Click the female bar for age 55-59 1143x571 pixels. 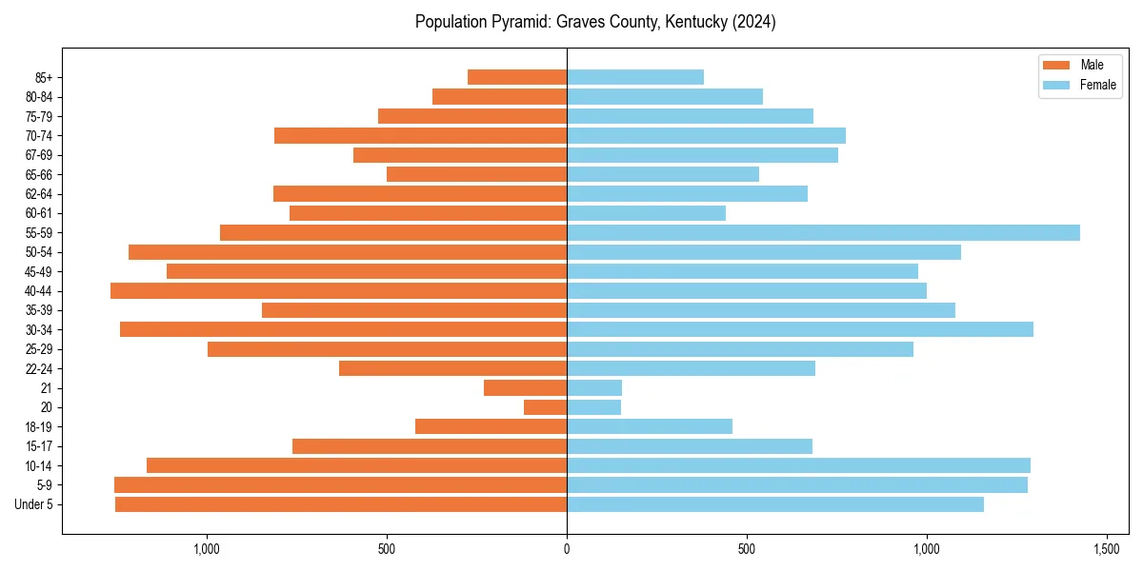coord(823,232)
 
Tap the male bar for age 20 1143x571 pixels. coord(545,407)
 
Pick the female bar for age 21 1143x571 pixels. coord(594,387)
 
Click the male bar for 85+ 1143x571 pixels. coord(517,77)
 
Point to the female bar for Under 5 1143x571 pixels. coord(775,504)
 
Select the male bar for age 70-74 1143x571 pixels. coord(420,135)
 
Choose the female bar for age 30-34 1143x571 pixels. coord(800,329)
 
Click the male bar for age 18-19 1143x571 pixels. coord(491,426)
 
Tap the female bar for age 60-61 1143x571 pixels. coord(646,213)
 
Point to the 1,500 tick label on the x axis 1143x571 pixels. coord(1106,549)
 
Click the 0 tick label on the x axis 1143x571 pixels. coord(567,549)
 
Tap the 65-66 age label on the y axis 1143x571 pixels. coord(39,174)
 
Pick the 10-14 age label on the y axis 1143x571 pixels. coord(39,465)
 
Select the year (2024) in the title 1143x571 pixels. coord(753,22)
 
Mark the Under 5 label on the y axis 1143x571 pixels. coord(33,504)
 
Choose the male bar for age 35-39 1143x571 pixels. coord(414,310)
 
